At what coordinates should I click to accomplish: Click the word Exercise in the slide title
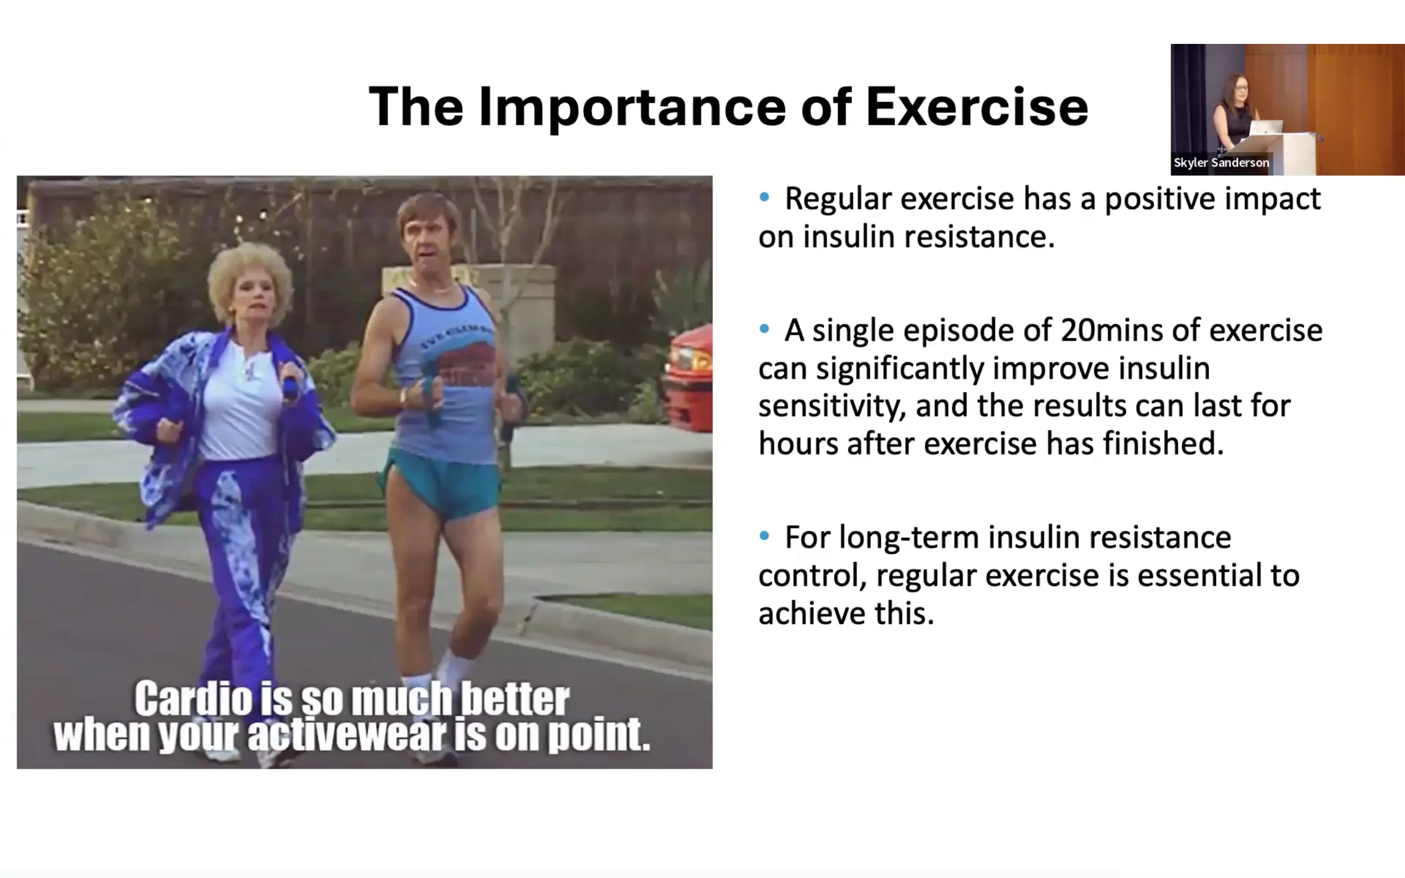pos(976,106)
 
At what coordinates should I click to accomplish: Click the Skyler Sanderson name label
pos(1221,162)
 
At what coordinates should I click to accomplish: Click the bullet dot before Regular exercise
pos(764,198)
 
